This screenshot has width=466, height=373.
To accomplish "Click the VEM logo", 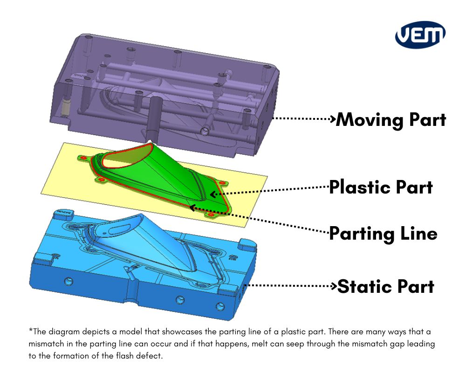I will pos(420,34).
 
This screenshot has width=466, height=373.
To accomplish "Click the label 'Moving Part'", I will pos(391,120).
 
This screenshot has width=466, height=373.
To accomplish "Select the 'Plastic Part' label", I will pos(381,187).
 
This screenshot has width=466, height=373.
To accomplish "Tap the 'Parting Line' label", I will pos(383,233).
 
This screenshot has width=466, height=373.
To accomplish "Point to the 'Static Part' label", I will pos(385,286).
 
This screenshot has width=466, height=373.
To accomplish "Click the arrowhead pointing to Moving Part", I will pos(333,118).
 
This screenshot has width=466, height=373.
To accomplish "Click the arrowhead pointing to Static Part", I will pos(334,285).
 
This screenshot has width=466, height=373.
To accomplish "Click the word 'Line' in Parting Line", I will pos(417,233).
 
